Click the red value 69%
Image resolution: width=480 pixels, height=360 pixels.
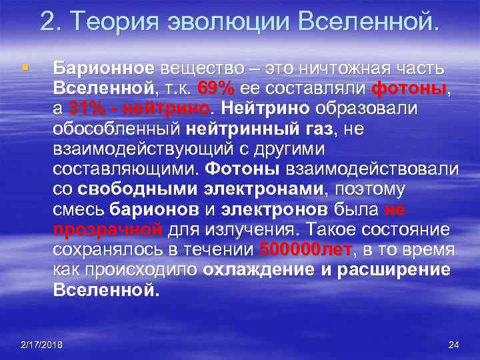coord(215,88)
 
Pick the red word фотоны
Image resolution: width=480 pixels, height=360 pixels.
coord(408,88)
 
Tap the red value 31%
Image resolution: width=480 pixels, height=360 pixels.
coord(87,108)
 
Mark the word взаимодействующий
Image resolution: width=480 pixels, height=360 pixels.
coord(136,149)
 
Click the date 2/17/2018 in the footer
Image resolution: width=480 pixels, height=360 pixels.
coord(41,344)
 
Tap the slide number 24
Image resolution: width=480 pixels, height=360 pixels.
coord(454,344)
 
